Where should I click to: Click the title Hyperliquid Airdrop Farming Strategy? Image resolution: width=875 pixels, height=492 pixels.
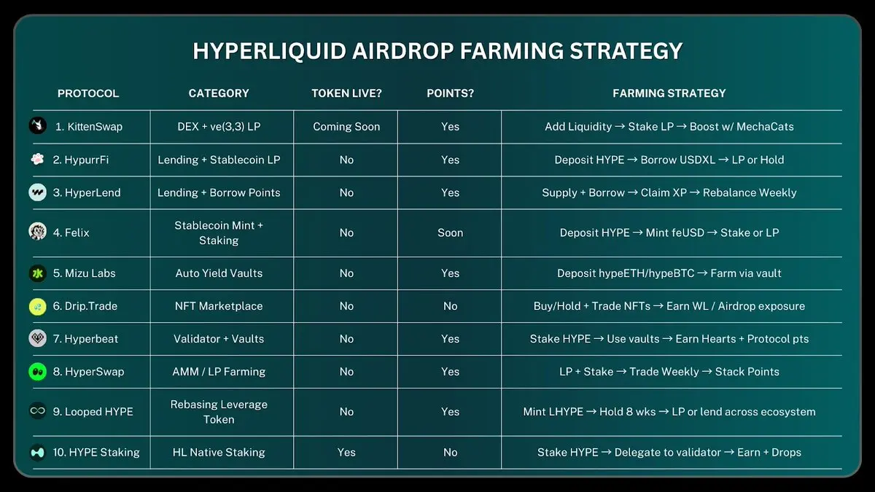[437, 51]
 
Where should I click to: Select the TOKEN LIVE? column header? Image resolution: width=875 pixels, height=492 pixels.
[346, 93]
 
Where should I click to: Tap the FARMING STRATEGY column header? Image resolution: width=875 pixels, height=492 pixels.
[669, 93]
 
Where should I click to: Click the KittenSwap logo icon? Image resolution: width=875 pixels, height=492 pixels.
[37, 126]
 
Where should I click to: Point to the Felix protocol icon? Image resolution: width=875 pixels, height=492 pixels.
[37, 233]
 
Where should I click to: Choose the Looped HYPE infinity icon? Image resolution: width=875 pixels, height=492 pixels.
[37, 411]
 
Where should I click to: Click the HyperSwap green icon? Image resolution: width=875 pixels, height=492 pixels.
[37, 371]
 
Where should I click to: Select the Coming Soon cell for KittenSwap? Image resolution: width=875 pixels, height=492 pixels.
[346, 127]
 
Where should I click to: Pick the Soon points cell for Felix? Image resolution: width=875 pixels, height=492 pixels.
[450, 233]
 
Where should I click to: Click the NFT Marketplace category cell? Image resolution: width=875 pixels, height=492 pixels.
[219, 306]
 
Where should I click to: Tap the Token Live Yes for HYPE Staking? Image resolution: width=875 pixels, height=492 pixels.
[346, 453]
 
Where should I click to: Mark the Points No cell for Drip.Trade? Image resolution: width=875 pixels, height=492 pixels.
[450, 306]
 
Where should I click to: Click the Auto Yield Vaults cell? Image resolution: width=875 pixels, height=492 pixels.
[219, 273]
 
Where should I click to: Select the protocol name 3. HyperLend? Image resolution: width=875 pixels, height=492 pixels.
[87, 192]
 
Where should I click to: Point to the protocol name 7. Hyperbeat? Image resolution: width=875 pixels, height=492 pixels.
[85, 339]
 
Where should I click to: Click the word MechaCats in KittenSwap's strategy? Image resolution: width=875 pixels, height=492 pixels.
[765, 127]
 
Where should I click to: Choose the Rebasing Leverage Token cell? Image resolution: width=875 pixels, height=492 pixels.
[219, 412]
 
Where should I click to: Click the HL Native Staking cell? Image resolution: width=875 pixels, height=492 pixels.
[219, 453]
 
